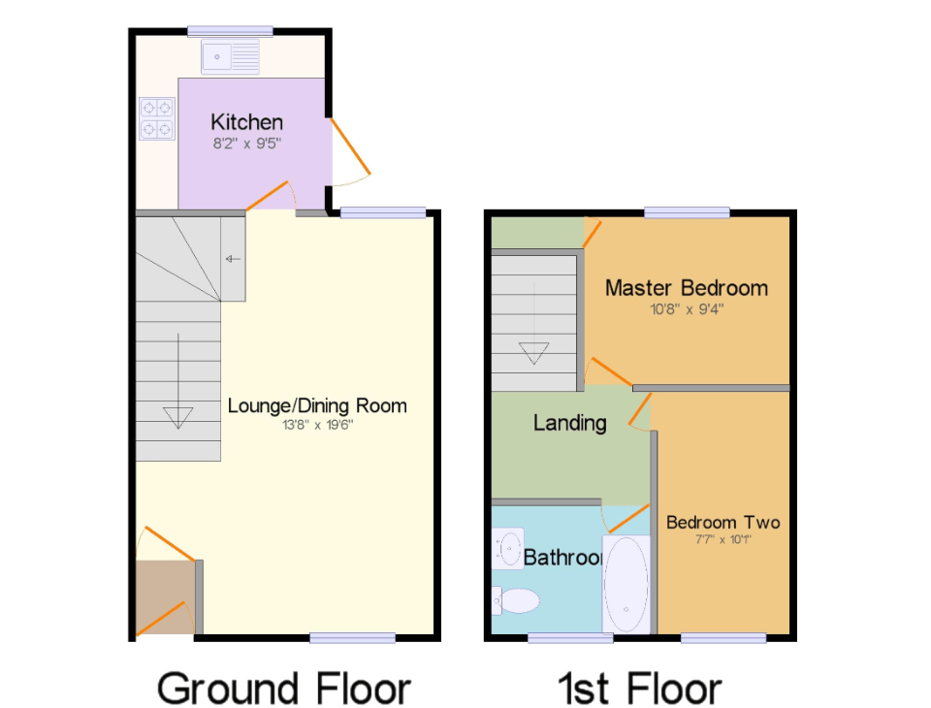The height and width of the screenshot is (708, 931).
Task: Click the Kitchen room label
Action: tap(247, 122)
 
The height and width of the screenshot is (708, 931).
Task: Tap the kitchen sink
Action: tap(230, 57)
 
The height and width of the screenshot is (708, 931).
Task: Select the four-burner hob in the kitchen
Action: tap(156, 117)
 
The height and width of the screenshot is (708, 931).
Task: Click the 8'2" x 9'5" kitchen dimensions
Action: tap(247, 144)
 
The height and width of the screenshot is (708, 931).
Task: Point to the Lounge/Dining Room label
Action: tap(317, 405)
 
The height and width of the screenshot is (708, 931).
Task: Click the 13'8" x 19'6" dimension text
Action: tap(317, 425)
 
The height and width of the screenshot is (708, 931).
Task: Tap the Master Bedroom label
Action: tap(686, 288)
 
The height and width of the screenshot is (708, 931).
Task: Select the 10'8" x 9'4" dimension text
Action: tap(686, 309)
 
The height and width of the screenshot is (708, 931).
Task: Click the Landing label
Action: tap(569, 423)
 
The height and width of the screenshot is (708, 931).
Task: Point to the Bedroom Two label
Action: tap(722, 523)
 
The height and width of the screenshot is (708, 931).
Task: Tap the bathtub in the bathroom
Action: tap(626, 583)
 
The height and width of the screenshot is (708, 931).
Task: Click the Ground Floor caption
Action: tap(283, 688)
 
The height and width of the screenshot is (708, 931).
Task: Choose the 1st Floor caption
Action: tap(639, 688)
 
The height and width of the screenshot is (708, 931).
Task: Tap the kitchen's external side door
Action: tap(350, 151)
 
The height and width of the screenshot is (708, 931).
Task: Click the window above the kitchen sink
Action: tap(230, 31)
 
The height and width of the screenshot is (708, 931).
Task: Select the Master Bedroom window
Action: tap(686, 212)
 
